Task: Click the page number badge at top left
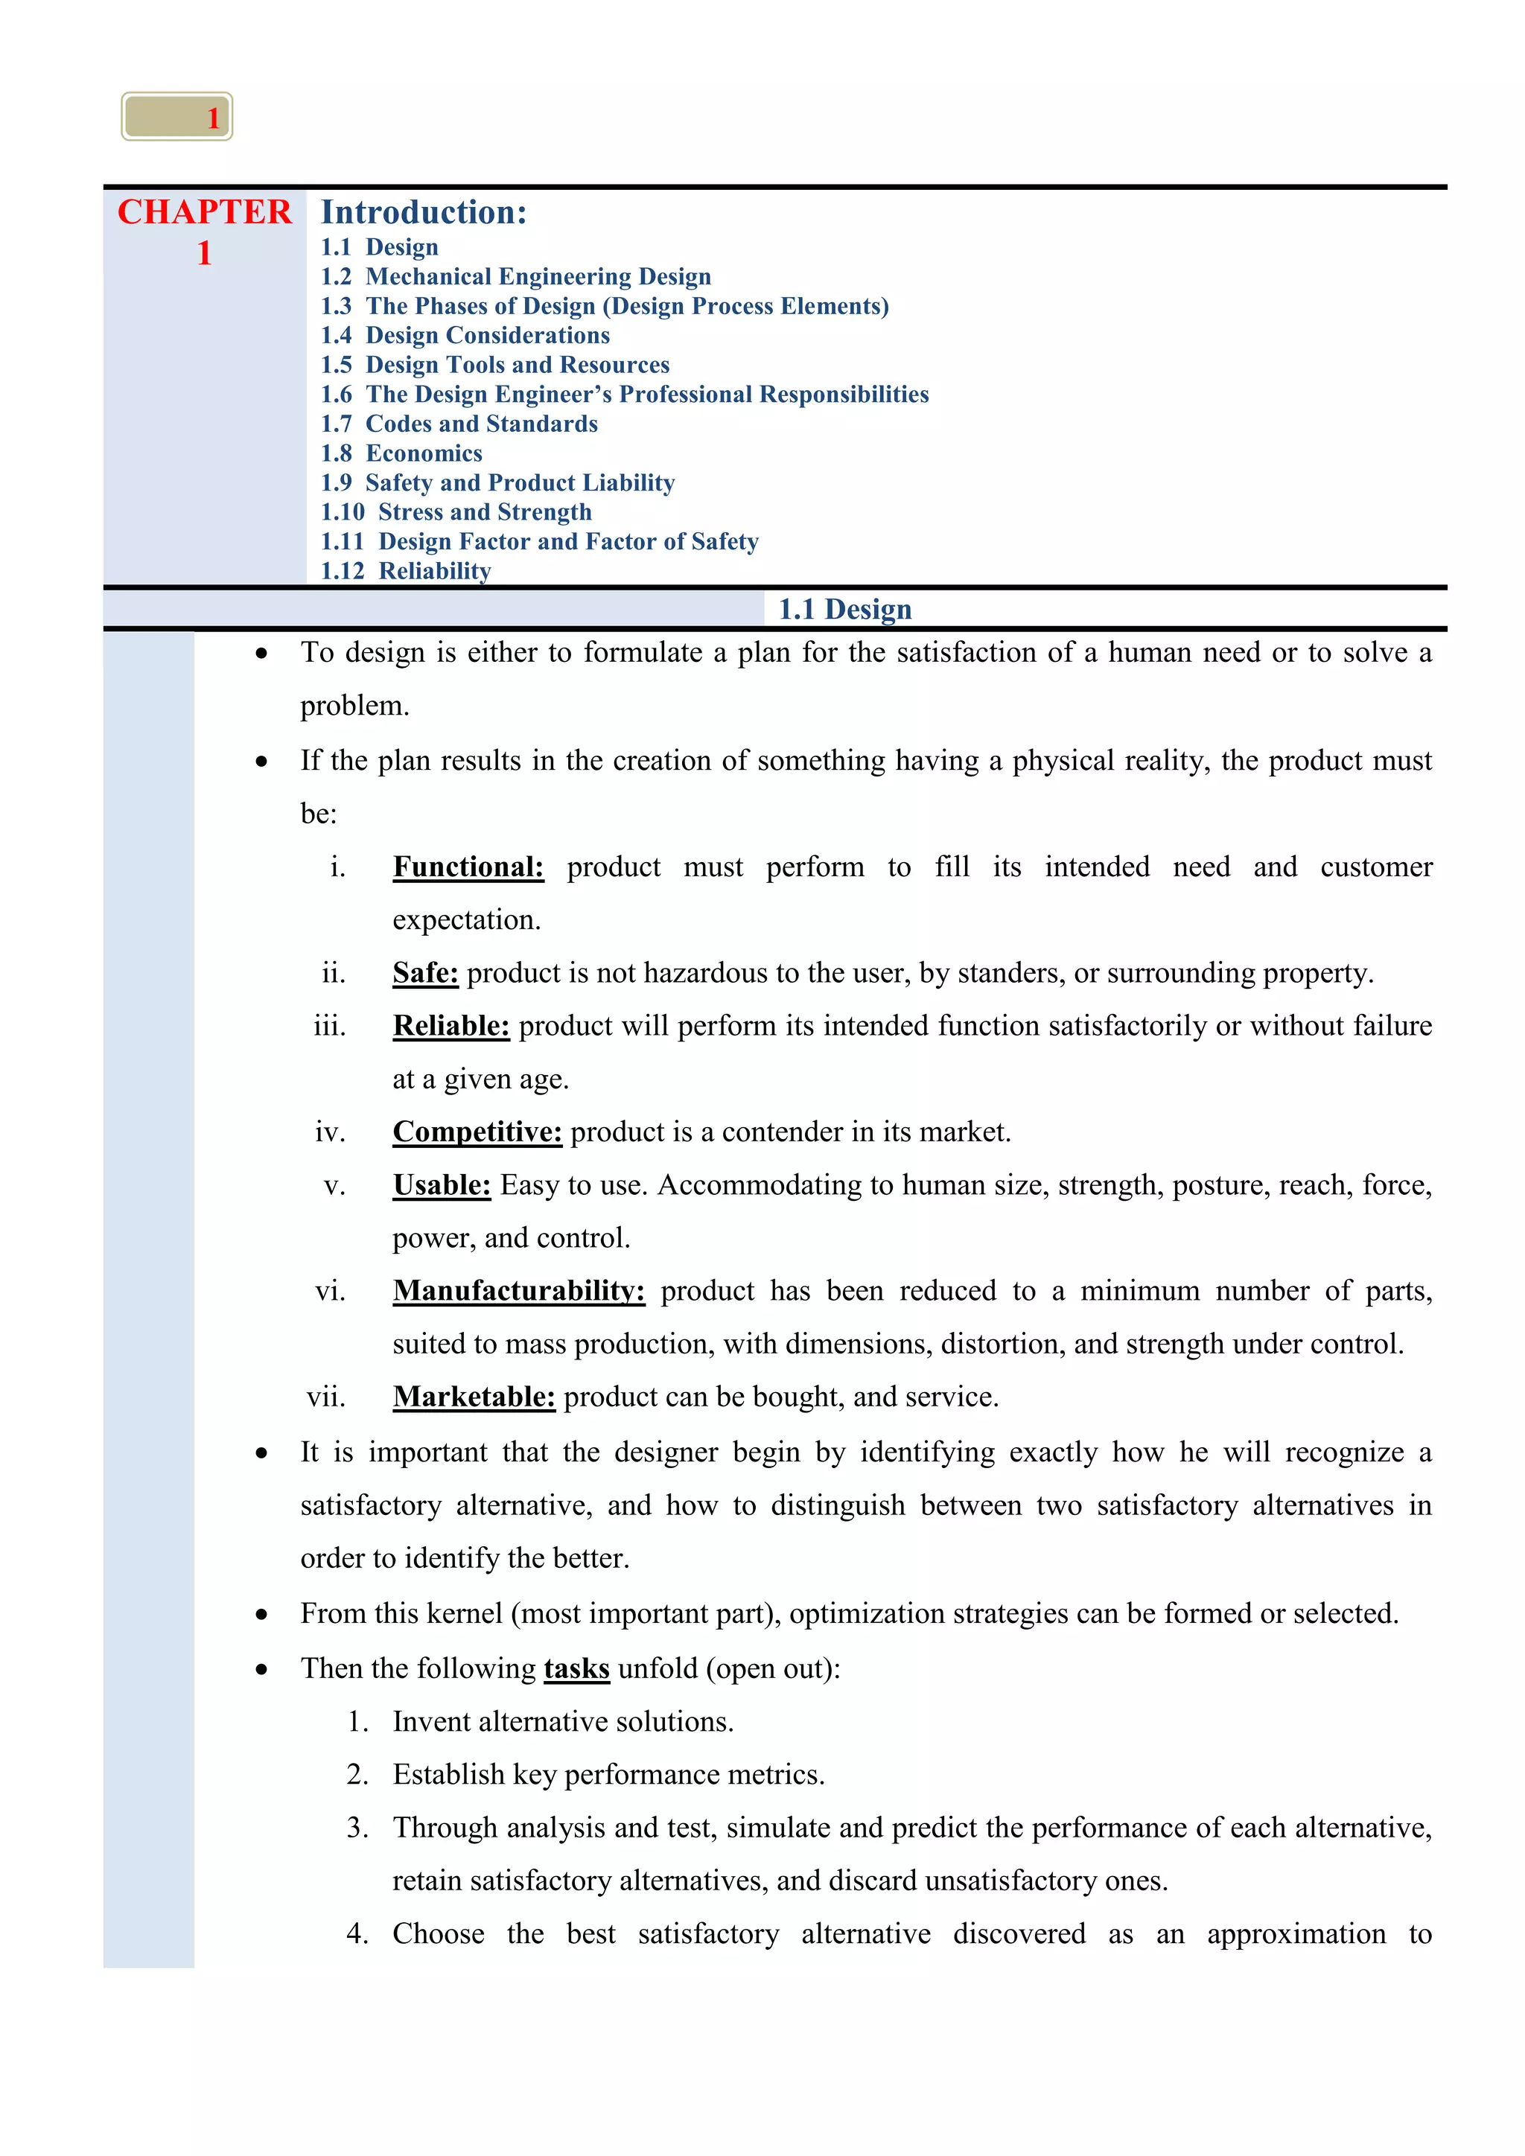(x=176, y=116)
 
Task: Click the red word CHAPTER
(x=204, y=212)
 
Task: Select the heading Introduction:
(x=424, y=212)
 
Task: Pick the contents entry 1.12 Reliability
(x=406, y=571)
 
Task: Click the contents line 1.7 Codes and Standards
(x=459, y=424)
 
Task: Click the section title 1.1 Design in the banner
(x=844, y=610)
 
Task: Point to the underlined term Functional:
(x=468, y=867)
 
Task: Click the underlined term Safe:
(x=425, y=973)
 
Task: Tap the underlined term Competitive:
(x=477, y=1132)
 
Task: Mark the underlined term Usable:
(x=442, y=1185)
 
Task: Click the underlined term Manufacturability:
(x=518, y=1291)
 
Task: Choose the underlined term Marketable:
(x=474, y=1397)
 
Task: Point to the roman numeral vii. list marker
(x=326, y=1397)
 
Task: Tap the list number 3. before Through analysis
(x=357, y=1828)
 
